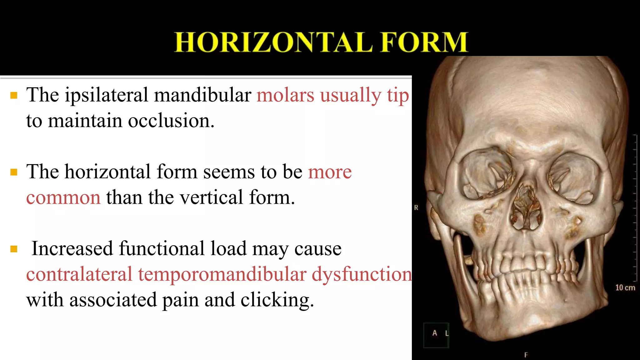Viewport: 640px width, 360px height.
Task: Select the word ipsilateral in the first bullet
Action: [106, 95]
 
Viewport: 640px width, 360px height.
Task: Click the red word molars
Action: [285, 95]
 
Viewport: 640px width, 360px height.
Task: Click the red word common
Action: [63, 197]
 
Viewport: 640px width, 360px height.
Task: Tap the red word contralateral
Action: [79, 274]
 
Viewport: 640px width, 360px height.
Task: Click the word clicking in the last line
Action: [277, 300]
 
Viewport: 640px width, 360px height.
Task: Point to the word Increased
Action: [72, 249]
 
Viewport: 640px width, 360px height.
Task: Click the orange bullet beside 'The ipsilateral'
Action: [14, 95]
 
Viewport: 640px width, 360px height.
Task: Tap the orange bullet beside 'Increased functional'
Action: [14, 249]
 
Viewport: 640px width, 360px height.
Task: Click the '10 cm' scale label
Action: [625, 287]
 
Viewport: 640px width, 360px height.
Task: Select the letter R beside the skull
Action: [416, 207]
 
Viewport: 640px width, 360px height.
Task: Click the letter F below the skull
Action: [526, 355]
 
